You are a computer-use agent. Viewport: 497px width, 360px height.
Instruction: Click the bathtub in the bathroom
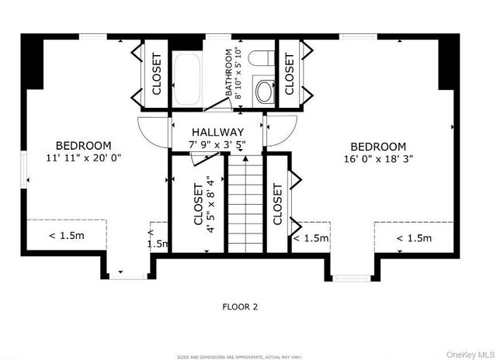pos(187,78)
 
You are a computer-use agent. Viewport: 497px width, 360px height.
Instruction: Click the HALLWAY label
pos(218,133)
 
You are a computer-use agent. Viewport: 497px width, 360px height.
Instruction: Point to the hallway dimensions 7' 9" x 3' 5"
pos(218,144)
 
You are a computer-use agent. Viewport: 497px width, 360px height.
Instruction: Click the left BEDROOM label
pos(83,145)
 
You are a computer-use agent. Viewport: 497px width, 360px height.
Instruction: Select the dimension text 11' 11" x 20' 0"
pos(83,157)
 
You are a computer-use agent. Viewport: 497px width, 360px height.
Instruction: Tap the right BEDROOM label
pos(377,147)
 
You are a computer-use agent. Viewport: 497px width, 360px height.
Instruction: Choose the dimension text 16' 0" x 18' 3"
pos(377,158)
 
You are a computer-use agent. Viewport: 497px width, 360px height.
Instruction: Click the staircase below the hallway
pos(245,202)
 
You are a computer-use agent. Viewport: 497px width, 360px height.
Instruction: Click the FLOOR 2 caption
pos(240,306)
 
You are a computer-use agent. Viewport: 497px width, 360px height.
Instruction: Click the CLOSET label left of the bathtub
pos(156,74)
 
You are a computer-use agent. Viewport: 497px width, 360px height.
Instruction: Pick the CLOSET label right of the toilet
pos(290,74)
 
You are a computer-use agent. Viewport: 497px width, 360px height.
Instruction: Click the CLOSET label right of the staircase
pos(278,204)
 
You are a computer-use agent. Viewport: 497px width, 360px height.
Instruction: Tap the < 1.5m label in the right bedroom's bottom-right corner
pos(413,238)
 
